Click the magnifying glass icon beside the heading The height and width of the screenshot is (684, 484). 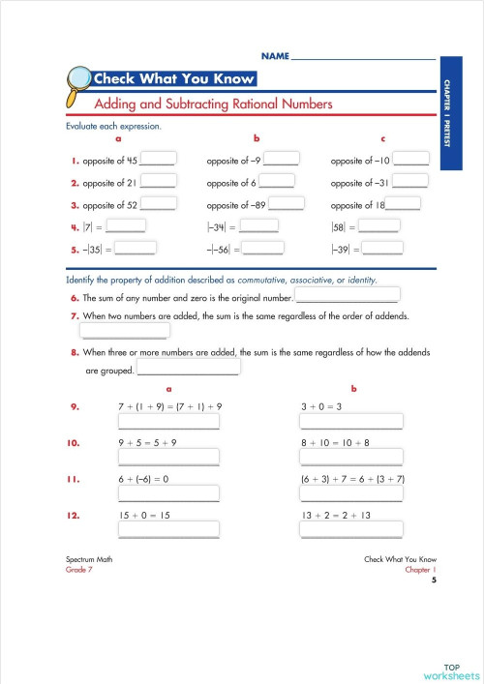click(x=74, y=80)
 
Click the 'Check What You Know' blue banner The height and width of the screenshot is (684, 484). click(x=173, y=79)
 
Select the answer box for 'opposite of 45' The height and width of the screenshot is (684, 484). click(x=159, y=160)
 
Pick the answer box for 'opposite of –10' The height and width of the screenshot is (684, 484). click(x=410, y=160)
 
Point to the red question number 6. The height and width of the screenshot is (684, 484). click(x=75, y=299)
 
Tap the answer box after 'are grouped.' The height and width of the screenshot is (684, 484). click(x=189, y=369)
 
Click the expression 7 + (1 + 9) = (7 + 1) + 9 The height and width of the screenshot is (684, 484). click(x=169, y=407)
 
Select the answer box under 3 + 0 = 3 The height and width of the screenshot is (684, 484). click(x=351, y=422)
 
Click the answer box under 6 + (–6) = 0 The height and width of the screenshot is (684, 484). click(x=169, y=494)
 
